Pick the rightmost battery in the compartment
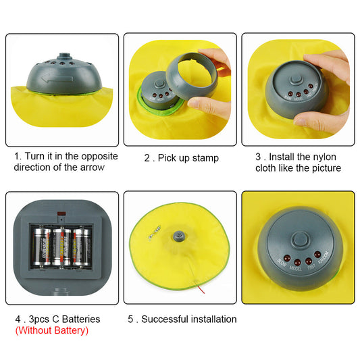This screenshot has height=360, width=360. click(83, 247)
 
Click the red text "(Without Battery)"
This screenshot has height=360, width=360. click(51, 330)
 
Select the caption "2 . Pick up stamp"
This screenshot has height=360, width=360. click(181, 158)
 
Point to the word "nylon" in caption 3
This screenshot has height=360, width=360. click(325, 157)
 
